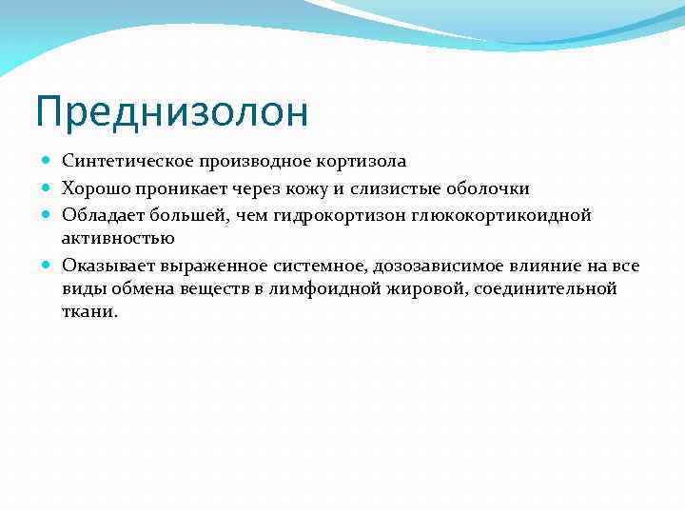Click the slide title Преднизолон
coord(172,112)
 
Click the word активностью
coord(117,237)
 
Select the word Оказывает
coord(104,266)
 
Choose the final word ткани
coord(89,310)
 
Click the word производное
coord(243,161)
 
